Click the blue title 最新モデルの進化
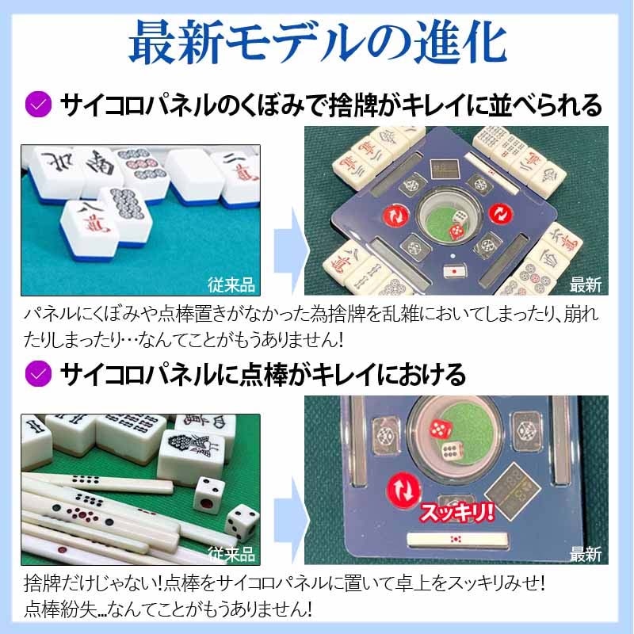pyautogui.click(x=317, y=45)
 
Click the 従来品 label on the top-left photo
pyautogui.click(x=231, y=283)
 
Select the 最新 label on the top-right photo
pyautogui.click(x=585, y=283)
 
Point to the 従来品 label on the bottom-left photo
pyautogui.click(x=231, y=552)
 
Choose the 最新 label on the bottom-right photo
pyautogui.click(x=585, y=552)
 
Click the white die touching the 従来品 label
pyautogui.click(x=239, y=524)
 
